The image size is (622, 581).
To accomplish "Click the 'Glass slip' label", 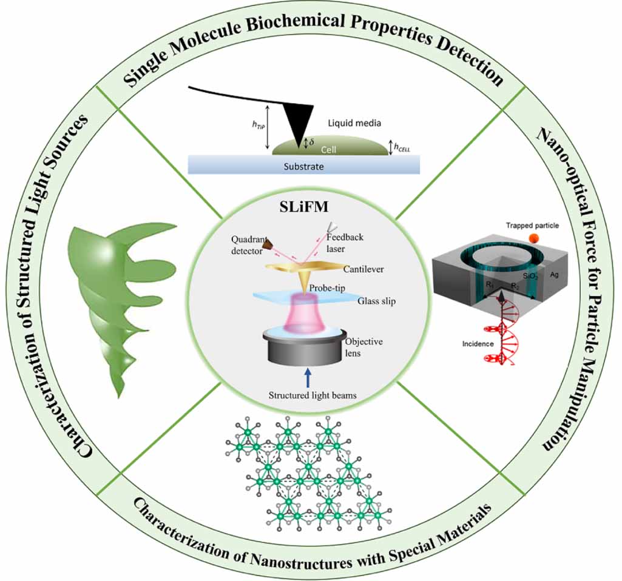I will coord(376,301).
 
